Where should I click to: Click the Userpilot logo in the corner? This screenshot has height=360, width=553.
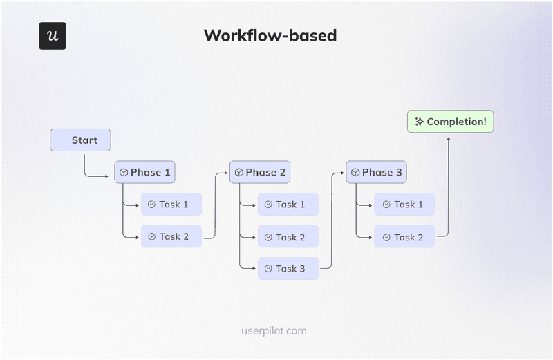(53, 36)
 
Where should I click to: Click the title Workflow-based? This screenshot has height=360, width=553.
(270, 36)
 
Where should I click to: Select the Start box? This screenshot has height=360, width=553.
(80, 140)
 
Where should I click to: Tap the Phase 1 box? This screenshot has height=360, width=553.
(144, 172)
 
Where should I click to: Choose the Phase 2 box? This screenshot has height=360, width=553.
(260, 172)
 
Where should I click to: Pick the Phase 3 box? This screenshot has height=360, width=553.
(376, 172)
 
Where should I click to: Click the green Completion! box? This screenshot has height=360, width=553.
(450, 122)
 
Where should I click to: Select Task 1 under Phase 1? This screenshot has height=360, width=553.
(171, 205)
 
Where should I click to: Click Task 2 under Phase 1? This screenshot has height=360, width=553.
(171, 236)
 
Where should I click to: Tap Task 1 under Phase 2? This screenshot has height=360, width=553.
(288, 205)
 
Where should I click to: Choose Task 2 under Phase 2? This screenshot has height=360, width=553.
(288, 237)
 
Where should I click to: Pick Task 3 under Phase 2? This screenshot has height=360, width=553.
(288, 269)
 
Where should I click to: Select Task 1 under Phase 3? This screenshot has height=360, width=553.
(404, 205)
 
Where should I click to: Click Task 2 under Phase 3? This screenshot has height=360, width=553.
(404, 237)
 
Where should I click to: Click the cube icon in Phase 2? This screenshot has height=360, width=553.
(239, 173)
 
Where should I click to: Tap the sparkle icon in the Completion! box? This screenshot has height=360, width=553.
(419, 122)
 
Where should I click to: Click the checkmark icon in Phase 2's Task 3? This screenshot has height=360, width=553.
(268, 269)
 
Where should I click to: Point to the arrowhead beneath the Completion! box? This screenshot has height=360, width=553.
(449, 138)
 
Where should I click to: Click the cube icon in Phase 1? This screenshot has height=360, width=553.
(124, 173)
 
